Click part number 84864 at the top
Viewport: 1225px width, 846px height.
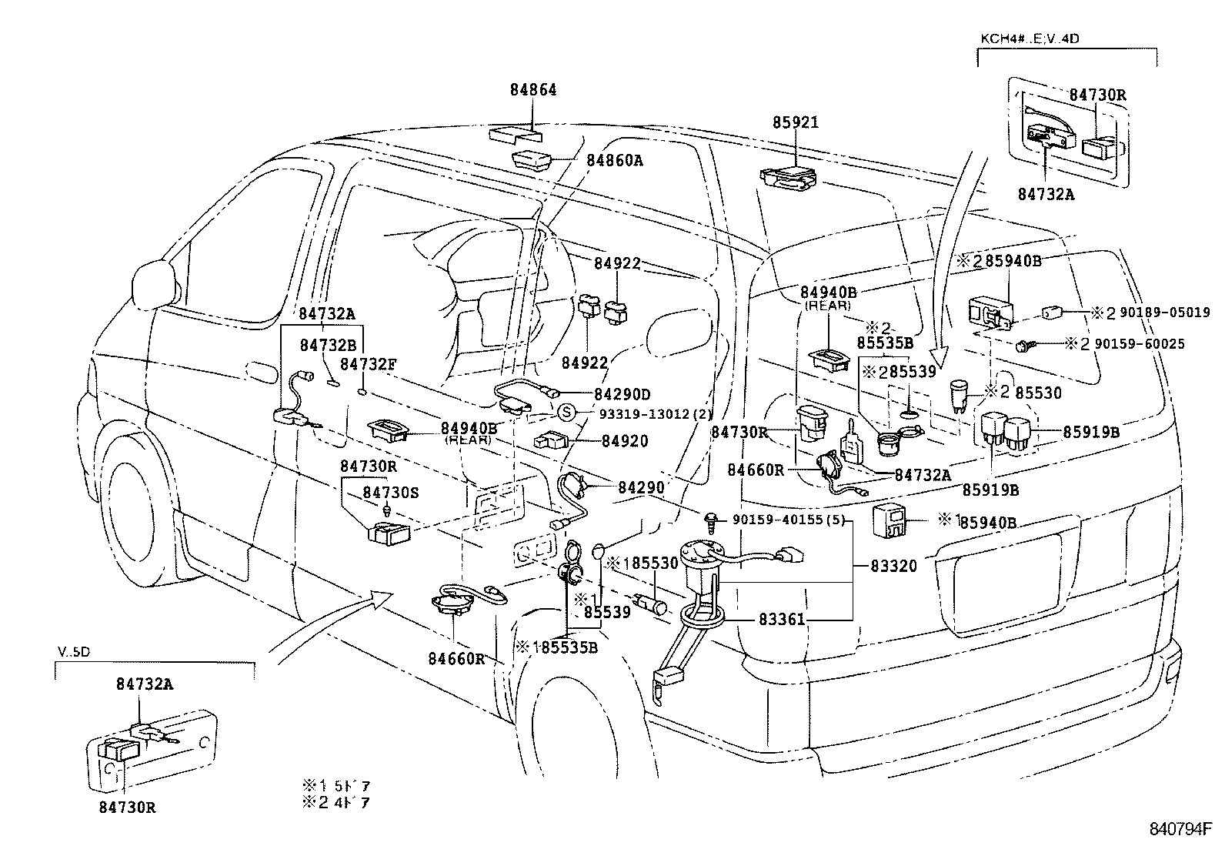coord(532,89)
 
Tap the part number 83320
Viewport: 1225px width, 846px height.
coord(894,566)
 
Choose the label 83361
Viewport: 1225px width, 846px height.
coord(782,618)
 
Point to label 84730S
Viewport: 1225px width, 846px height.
coord(391,492)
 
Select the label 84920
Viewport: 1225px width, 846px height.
coord(624,442)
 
